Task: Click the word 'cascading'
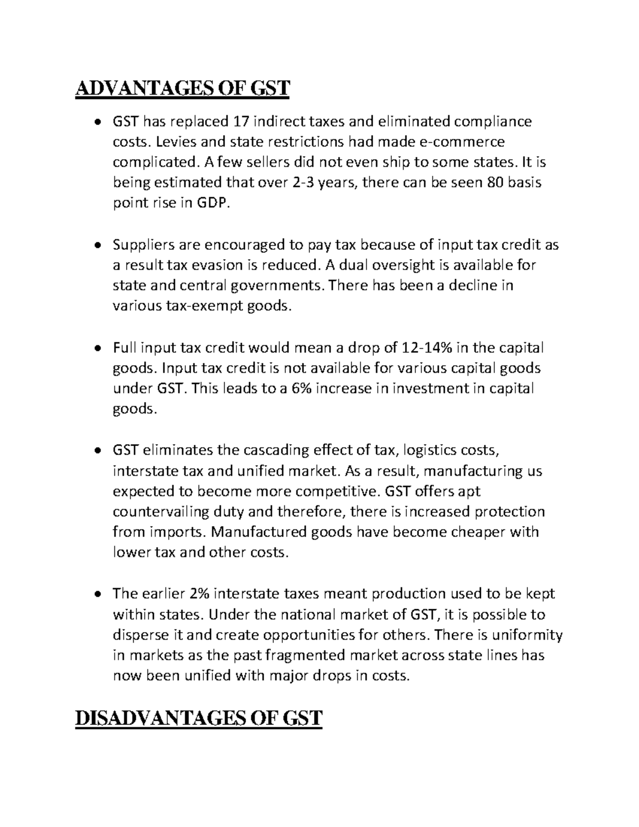[x=275, y=451]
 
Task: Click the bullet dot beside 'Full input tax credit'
[x=96, y=349]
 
